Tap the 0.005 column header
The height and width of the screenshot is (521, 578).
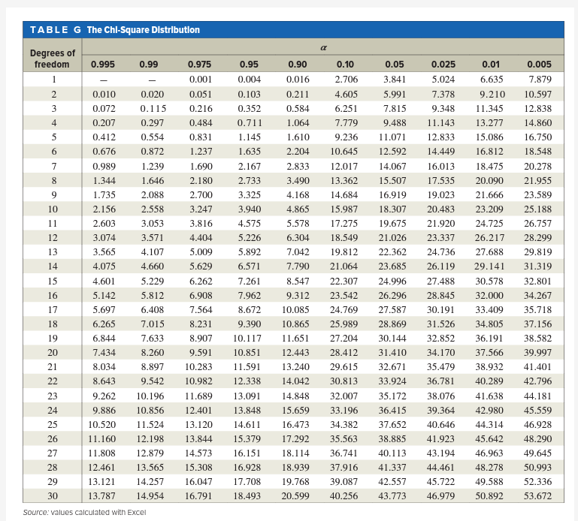(539, 65)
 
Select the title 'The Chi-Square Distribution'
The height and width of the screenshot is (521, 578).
(143, 30)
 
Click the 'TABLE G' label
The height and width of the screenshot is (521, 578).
(56, 30)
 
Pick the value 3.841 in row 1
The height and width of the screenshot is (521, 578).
(395, 80)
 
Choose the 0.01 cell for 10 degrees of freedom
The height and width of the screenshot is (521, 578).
(492, 209)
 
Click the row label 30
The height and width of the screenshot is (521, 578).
(53, 496)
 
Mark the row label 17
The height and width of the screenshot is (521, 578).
(53, 309)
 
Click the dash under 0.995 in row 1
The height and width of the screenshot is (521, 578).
(103, 80)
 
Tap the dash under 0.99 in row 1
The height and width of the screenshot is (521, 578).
(151, 80)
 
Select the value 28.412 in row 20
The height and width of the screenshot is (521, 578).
(344, 352)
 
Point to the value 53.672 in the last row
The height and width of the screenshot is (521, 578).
(537, 496)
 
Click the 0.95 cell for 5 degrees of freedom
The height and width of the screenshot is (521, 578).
(249, 137)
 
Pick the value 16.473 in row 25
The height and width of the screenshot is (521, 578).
(295, 424)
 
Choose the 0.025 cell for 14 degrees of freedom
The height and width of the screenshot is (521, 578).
(442, 267)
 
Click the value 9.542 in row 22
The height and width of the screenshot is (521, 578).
(153, 381)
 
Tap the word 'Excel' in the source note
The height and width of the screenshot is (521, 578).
(134, 512)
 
